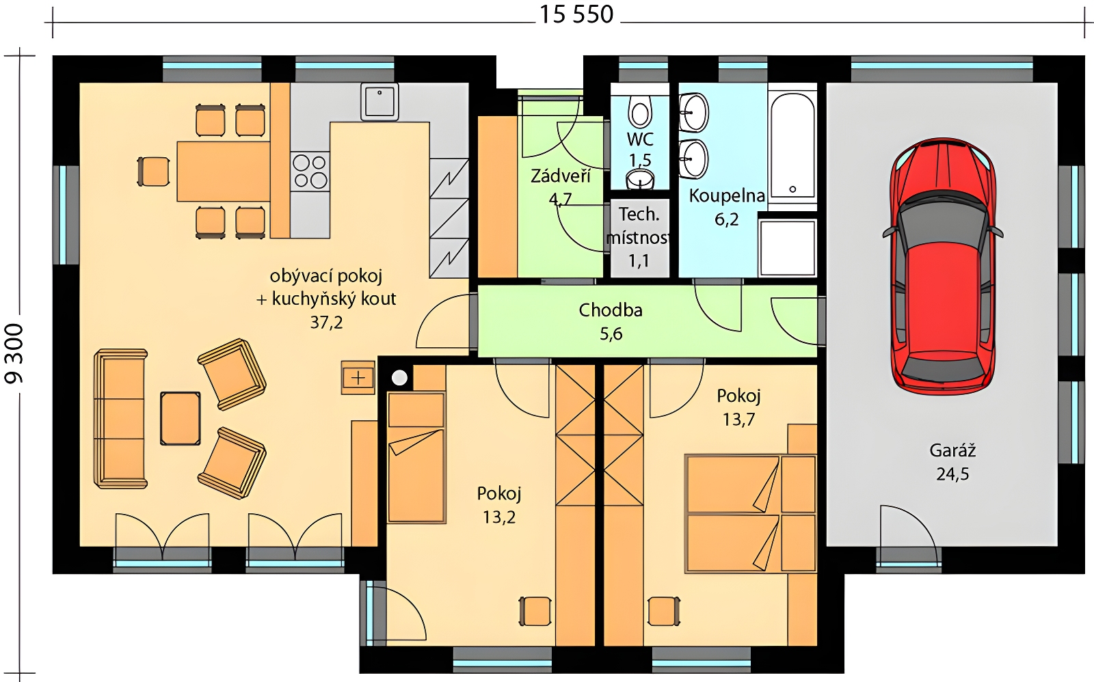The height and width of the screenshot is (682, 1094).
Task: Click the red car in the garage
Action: click(x=943, y=266)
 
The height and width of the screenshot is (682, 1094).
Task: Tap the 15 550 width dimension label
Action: click(x=576, y=14)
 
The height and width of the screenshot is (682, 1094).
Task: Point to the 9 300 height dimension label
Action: click(x=14, y=353)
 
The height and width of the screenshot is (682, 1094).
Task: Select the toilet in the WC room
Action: click(x=640, y=111)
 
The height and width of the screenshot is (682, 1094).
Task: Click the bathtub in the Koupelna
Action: click(x=792, y=146)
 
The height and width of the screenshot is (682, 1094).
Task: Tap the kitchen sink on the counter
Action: click(x=379, y=101)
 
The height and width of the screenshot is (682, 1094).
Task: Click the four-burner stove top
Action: click(x=310, y=172)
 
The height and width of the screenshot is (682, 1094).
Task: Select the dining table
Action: click(x=223, y=172)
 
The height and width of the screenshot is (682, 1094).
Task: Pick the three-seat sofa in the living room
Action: click(x=120, y=418)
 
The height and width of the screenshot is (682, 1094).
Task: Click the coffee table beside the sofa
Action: click(x=181, y=418)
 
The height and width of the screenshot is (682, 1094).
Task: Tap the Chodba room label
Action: click(x=611, y=310)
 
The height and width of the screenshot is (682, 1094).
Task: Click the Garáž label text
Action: click(x=952, y=450)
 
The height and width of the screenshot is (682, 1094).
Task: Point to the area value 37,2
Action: click(x=326, y=322)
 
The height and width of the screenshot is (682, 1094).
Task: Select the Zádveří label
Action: click(x=561, y=176)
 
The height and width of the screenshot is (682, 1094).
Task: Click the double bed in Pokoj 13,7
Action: click(x=751, y=513)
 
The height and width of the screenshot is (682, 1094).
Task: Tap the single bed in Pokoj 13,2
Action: click(x=416, y=457)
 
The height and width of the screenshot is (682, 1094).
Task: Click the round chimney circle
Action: click(x=399, y=377)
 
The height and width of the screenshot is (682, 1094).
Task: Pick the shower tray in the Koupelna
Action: click(x=787, y=247)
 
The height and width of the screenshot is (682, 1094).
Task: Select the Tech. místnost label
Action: click(x=639, y=226)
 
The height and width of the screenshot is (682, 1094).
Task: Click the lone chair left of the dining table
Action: click(x=153, y=172)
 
